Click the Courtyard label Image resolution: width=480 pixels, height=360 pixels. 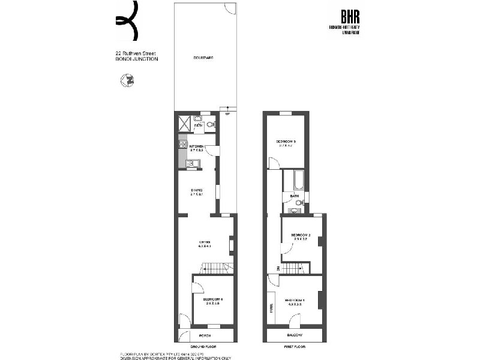(x=204, y=58)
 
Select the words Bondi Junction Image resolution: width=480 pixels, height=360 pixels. (x=137, y=59)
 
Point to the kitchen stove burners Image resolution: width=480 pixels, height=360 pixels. (x=183, y=144)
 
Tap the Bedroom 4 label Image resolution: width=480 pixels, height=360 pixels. (x=212, y=299)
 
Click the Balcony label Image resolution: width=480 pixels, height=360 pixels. (x=295, y=335)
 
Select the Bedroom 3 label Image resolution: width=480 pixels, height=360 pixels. (x=286, y=142)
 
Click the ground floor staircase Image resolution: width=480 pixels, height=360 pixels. (x=216, y=268)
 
